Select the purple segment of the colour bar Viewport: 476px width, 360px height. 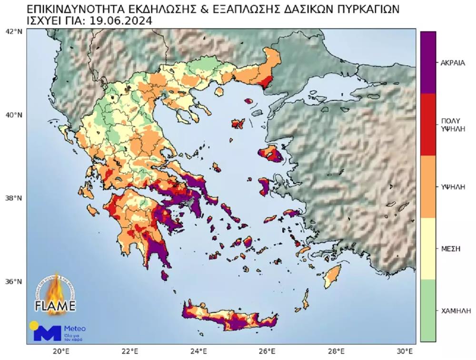tap(428, 62)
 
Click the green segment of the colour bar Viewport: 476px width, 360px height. tap(428, 310)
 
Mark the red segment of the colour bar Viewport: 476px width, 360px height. tap(428, 124)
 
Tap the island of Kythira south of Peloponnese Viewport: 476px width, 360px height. tap(165, 275)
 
